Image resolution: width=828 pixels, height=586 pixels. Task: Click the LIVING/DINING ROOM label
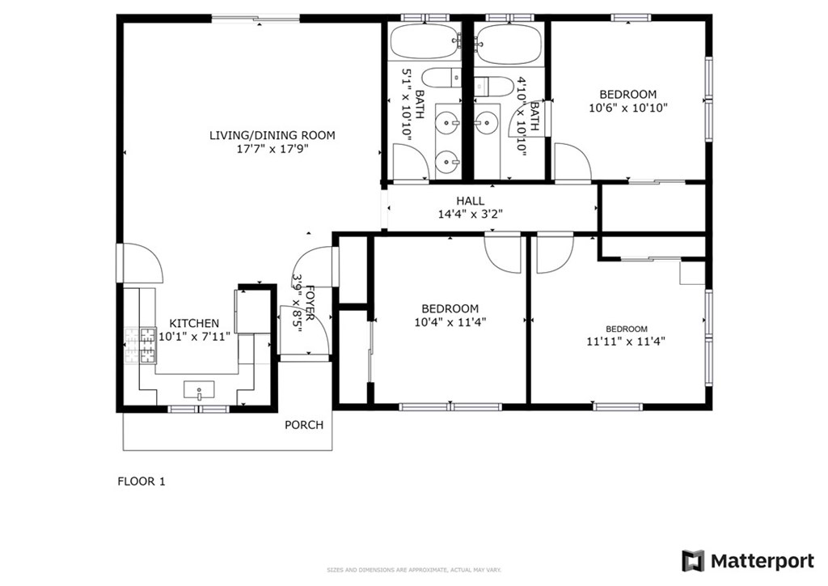click(272, 135)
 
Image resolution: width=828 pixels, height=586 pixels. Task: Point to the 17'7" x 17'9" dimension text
click(272, 149)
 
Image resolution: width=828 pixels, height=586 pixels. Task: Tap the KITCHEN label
click(188, 323)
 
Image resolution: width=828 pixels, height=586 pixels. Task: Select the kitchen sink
click(198, 392)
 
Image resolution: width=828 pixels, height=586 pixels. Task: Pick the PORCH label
click(304, 425)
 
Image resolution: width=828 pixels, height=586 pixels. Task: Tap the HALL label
click(470, 201)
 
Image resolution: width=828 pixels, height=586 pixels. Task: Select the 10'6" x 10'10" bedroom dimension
click(627, 107)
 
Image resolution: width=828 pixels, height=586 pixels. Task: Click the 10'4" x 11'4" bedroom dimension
click(450, 321)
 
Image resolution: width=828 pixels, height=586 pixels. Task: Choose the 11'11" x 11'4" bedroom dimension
click(627, 341)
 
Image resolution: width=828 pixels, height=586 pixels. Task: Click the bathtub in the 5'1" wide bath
click(425, 40)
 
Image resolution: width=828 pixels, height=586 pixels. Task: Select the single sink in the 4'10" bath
click(485, 124)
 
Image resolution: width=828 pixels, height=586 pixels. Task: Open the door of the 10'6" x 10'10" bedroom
click(571, 162)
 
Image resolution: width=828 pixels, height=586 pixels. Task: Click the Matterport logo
click(748, 561)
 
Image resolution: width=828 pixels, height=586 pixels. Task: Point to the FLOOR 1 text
click(142, 482)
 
